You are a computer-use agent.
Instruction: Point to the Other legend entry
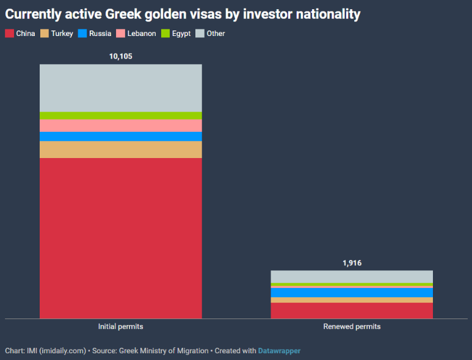[211, 34]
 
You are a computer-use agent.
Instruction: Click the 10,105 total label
[120, 56]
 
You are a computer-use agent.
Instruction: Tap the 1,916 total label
[352, 263]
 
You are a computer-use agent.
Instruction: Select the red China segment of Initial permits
[120, 238]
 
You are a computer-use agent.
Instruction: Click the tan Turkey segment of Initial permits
[120, 149]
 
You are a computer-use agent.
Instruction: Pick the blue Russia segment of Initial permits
[120, 136]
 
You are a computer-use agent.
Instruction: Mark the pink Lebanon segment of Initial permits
[120, 125]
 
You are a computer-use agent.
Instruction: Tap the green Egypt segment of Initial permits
[120, 115]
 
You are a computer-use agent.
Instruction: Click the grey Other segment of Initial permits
[120, 88]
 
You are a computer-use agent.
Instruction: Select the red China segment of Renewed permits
[352, 311]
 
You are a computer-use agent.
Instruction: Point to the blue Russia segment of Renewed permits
[352, 292]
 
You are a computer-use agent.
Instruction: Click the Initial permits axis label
[120, 326]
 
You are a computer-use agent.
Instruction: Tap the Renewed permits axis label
[352, 326]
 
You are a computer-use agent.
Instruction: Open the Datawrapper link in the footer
[279, 351]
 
